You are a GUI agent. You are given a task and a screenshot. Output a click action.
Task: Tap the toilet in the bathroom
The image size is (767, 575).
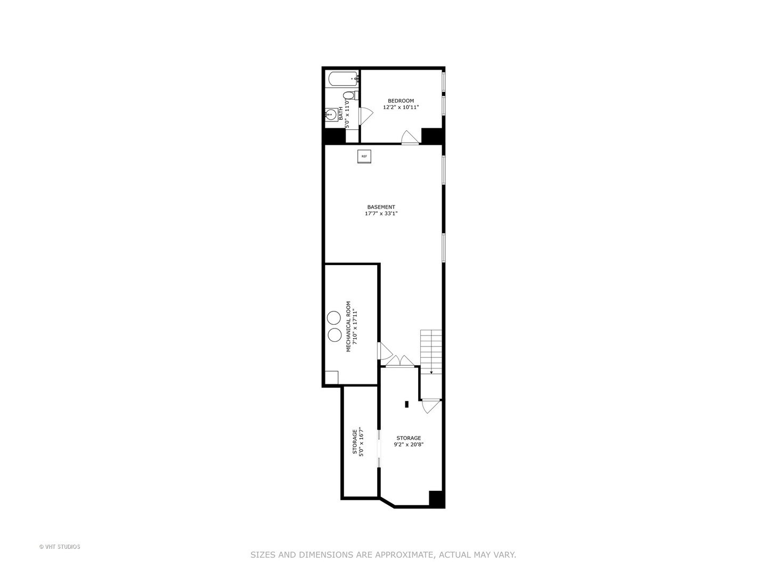[x=350, y=96]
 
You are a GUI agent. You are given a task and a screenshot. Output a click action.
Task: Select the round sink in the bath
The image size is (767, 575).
[x=331, y=114]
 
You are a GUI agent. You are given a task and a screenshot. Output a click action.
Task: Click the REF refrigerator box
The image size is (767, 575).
[x=364, y=157]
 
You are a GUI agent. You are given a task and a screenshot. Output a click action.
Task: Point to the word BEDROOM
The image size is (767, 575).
[x=401, y=101]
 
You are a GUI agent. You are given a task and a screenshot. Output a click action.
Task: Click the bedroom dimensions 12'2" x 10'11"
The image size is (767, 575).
[x=401, y=108]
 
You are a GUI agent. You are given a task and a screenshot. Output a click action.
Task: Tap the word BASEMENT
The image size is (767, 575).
[x=381, y=207]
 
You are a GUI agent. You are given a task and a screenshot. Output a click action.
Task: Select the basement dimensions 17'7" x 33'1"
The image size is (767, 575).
[x=381, y=214]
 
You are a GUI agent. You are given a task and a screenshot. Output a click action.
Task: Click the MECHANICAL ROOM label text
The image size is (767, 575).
[x=349, y=326]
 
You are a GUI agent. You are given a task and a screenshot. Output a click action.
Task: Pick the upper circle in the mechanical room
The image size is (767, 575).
[x=334, y=318]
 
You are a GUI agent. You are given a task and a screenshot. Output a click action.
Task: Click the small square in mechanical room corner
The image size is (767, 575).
[x=331, y=377]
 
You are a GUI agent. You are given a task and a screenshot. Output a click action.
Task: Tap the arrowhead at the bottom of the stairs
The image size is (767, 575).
[x=431, y=372]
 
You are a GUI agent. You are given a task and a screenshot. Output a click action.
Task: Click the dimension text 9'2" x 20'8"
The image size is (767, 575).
[x=409, y=445]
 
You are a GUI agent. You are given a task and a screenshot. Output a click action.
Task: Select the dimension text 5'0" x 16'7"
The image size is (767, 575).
[x=361, y=442]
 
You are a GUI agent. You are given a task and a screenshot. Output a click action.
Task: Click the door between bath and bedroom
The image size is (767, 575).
[x=365, y=116]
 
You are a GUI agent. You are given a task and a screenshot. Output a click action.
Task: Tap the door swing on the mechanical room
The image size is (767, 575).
[x=384, y=351]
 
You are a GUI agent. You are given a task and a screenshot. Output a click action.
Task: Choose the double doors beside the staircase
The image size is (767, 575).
[x=400, y=362]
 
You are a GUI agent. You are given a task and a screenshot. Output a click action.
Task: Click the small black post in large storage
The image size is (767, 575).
[x=407, y=404]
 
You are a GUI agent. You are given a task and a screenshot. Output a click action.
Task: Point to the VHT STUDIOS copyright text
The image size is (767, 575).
[x=60, y=547]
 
